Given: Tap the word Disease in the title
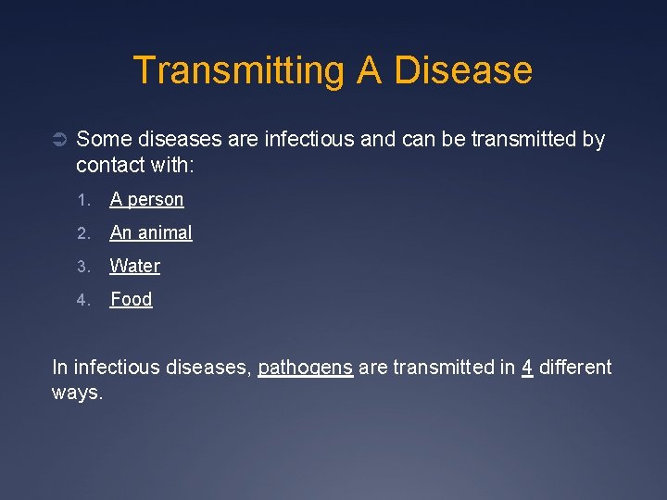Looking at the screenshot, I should click(x=463, y=71).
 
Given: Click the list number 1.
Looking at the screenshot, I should click(x=82, y=200).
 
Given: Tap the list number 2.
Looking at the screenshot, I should click(x=82, y=233).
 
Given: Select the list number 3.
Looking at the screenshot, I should click(x=82, y=267).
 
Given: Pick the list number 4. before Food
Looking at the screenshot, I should click(x=82, y=300).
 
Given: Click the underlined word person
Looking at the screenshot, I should click(x=156, y=200).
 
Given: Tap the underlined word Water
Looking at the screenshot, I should click(x=135, y=267).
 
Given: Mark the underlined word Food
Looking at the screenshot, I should click(x=132, y=300).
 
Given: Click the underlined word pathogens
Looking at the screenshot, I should click(x=305, y=369).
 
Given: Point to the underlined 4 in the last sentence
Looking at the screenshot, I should click(x=527, y=368).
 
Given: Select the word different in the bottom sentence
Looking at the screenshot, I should click(x=575, y=368).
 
